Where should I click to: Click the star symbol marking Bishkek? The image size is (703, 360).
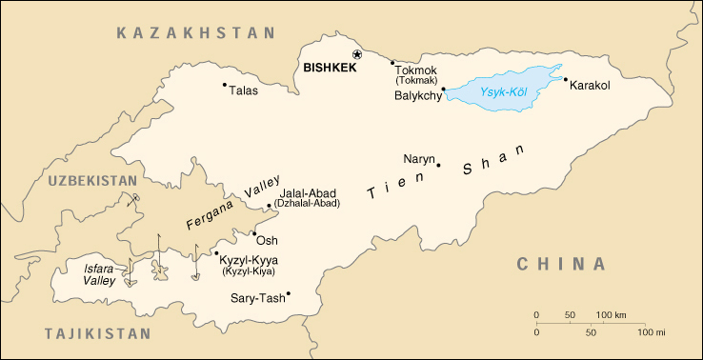pyautogui.click(x=357, y=55)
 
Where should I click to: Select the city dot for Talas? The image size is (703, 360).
pyautogui.click(x=225, y=85)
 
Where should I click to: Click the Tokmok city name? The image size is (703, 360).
pyautogui.click(x=415, y=70)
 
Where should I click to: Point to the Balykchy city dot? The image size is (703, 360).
pyautogui.click(x=444, y=90)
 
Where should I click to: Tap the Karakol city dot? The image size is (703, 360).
pyautogui.click(x=565, y=79)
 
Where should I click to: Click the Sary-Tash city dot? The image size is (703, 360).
pyautogui.click(x=288, y=293)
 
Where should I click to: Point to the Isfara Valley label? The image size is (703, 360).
pyautogui.click(x=98, y=274)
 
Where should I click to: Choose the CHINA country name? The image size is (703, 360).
pyautogui.click(x=561, y=264)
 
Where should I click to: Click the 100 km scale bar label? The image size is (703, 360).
pyautogui.click(x=611, y=314)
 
